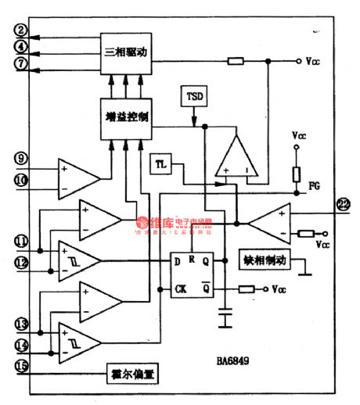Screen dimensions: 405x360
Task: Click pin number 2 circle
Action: tap(21, 31)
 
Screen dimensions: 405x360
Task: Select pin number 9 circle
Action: tap(21, 158)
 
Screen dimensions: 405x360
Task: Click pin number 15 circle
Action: tap(21, 364)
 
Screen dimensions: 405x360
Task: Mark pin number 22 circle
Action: tap(343, 205)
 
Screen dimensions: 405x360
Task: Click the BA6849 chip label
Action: tap(236, 364)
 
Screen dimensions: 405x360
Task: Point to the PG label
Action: tap(314, 186)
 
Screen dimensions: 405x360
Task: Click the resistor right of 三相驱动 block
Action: tap(236, 61)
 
